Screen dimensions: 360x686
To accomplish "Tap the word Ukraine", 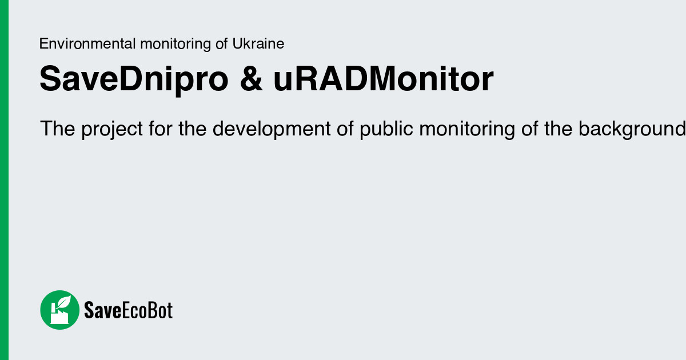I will [258, 44].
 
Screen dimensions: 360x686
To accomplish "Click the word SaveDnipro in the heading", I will [133, 79].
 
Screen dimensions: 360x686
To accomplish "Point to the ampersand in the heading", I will [251, 79].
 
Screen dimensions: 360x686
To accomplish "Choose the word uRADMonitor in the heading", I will [383, 79].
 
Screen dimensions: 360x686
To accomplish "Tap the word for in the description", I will [161, 129].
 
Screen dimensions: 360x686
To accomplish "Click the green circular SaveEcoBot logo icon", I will [59, 310].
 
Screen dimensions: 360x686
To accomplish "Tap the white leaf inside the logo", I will [65, 302].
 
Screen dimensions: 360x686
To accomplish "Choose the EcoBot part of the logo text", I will [147, 310].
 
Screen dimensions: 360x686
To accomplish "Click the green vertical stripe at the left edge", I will [4, 180].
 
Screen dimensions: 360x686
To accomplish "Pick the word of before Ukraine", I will [222, 44].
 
